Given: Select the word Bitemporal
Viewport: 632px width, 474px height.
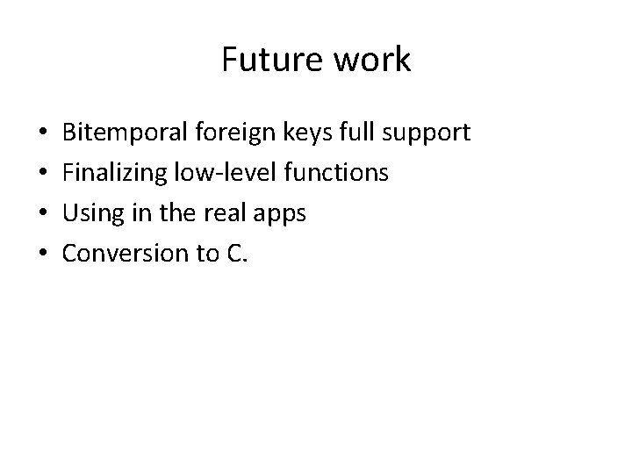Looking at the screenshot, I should tap(120, 133).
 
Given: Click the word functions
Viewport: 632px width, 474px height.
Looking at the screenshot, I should tap(331, 173).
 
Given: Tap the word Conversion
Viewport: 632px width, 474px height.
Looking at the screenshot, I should tap(122, 254).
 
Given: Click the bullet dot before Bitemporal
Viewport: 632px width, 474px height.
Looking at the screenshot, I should tap(43, 134).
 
